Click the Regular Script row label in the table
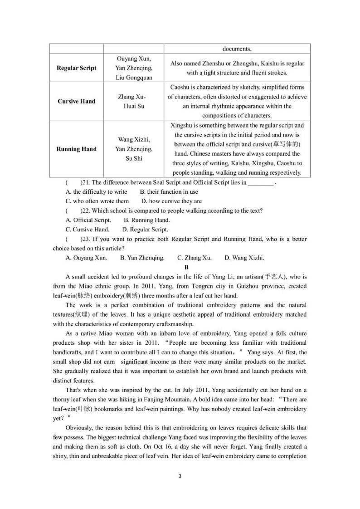(x=76, y=68)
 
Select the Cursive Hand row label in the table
(x=76, y=101)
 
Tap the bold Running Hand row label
(x=76, y=149)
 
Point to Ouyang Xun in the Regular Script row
(x=134, y=59)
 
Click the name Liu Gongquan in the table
(x=134, y=78)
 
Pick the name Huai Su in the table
(x=134, y=106)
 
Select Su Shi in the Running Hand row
(x=134, y=158)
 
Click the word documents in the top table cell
(x=237, y=49)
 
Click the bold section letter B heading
(x=186, y=268)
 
